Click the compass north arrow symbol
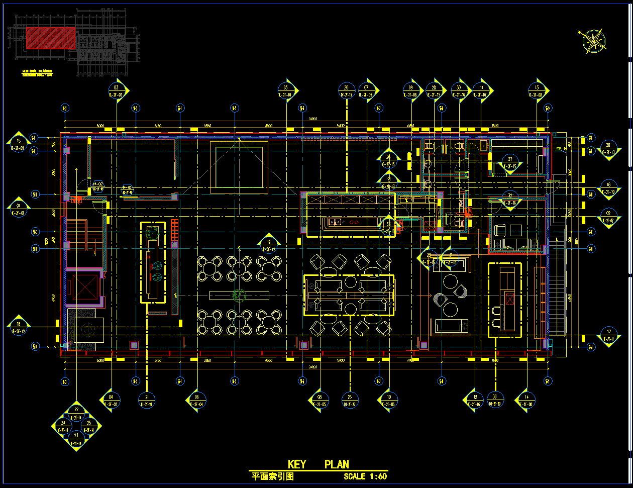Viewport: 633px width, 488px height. [x=593, y=40]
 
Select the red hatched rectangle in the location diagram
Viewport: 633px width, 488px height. [x=50, y=38]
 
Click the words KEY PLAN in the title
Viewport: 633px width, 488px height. [x=318, y=464]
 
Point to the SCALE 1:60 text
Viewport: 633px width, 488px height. [x=365, y=476]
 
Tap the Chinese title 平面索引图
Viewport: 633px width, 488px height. [x=272, y=476]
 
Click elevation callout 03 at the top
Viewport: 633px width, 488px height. [x=117, y=90]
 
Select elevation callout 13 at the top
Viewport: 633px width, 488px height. [x=537, y=90]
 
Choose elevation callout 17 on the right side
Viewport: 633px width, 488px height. [x=608, y=335]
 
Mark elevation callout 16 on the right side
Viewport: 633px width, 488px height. [x=608, y=187]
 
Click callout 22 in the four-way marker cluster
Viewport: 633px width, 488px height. [x=76, y=413]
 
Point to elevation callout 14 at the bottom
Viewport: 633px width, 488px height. [x=526, y=400]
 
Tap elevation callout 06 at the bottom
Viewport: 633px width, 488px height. [x=196, y=400]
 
